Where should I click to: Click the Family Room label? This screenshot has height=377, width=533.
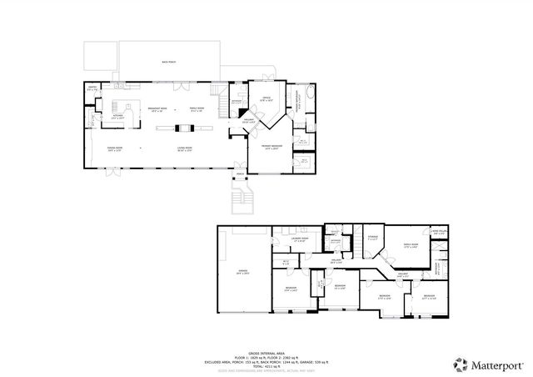[x=197, y=109]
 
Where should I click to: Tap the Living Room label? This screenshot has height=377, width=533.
[x=185, y=149]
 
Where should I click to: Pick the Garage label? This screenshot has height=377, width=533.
[x=243, y=272]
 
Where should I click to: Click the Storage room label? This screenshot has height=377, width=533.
[x=372, y=238]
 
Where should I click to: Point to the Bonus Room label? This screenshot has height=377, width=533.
[x=411, y=244]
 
